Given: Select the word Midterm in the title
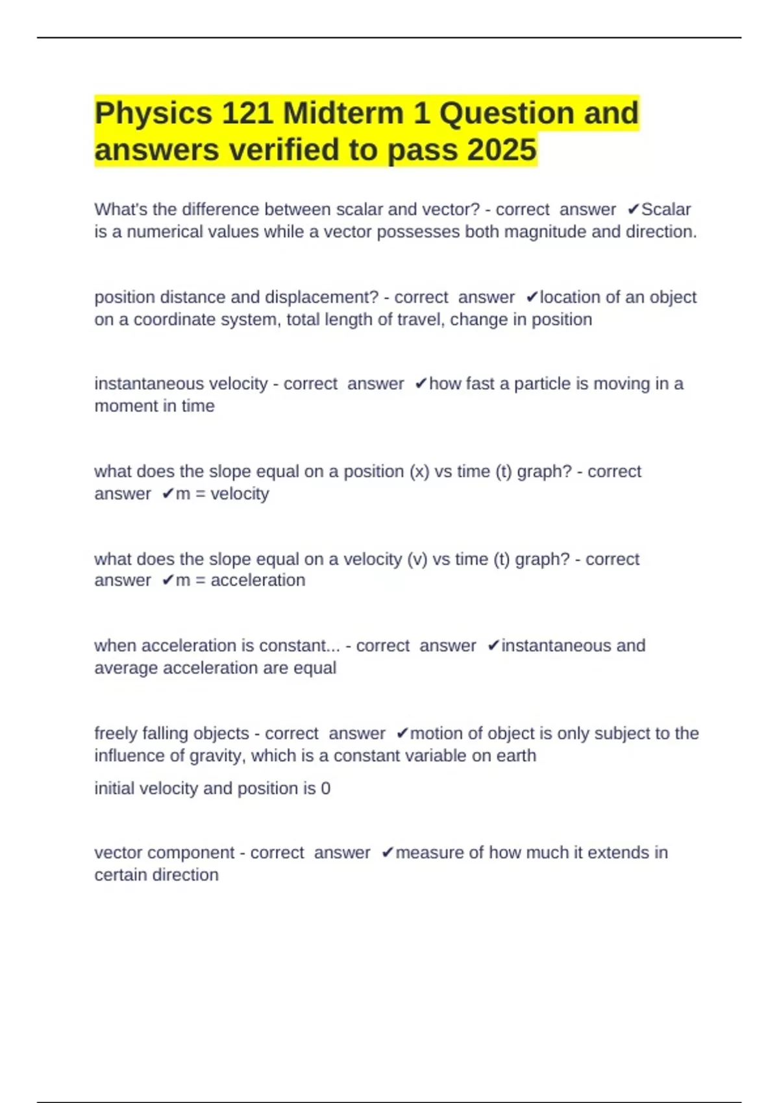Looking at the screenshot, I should (x=343, y=114).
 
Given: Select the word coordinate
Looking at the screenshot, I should (x=172, y=319).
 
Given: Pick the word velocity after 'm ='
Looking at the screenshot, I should (x=240, y=494).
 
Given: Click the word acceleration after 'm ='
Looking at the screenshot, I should (x=258, y=580).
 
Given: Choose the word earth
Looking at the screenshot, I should (x=517, y=756).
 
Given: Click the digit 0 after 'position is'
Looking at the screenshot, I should (x=326, y=788).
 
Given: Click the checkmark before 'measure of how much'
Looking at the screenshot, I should (x=387, y=853).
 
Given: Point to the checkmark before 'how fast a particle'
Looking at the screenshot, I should (x=421, y=384).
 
